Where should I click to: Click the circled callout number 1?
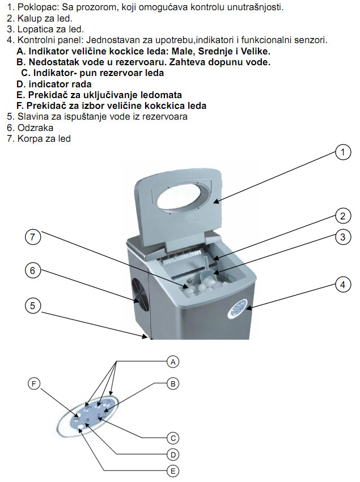pyautogui.click(x=341, y=152)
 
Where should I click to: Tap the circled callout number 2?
pyautogui.click(x=341, y=215)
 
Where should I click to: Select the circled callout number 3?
pyautogui.click(x=341, y=238)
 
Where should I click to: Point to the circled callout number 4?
pyautogui.click(x=341, y=285)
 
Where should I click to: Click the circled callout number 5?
pyautogui.click(x=33, y=306)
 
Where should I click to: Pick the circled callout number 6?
pyautogui.click(x=33, y=271)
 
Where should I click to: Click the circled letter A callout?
pyautogui.click(x=173, y=361)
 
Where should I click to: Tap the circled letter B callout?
pyautogui.click(x=173, y=384)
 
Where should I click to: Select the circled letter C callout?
pyautogui.click(x=173, y=437)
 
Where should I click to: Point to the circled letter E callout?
pyautogui.click(x=173, y=470)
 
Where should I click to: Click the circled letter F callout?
pyautogui.click(x=34, y=384)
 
